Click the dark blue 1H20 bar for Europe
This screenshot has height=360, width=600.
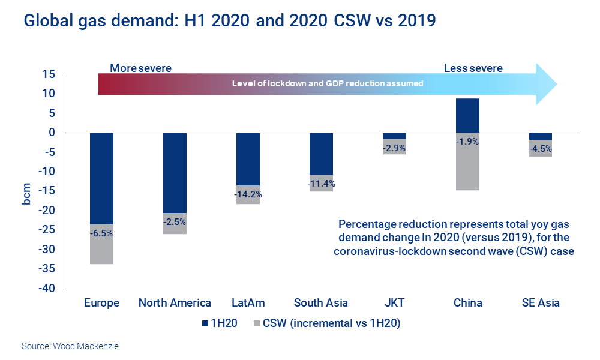tap(101, 178)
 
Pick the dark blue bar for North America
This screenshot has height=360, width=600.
tap(175, 173)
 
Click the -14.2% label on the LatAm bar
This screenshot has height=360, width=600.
tap(248, 194)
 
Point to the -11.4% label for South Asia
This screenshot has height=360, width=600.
tap(321, 183)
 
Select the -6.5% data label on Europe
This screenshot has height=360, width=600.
tap(101, 233)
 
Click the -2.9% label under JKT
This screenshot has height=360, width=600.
tap(394, 147)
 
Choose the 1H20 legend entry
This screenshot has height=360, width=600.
tap(221, 323)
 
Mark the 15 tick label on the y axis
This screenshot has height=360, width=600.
tap(49, 74)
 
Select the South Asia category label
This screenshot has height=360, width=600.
tap(321, 302)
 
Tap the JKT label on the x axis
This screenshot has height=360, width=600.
tap(394, 302)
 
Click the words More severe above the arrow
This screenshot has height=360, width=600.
tap(140, 68)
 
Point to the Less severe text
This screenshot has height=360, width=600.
tap(473, 68)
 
